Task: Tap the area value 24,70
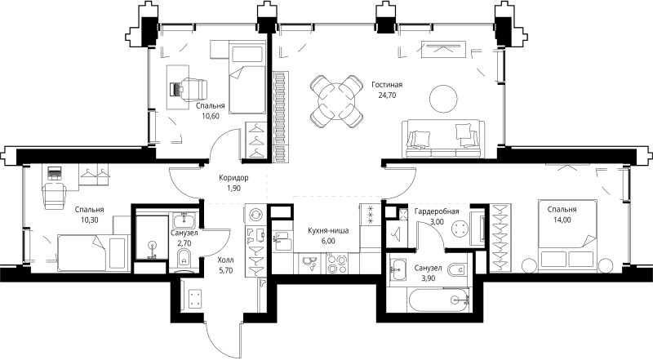388,95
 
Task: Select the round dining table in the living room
337,100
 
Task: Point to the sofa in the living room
441,137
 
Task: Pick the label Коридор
233,178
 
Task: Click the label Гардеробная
437,211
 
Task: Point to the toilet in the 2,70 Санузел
183,259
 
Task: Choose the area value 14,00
562,220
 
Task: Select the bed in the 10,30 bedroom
90,249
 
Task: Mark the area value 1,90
233,189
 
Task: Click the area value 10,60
211,116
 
